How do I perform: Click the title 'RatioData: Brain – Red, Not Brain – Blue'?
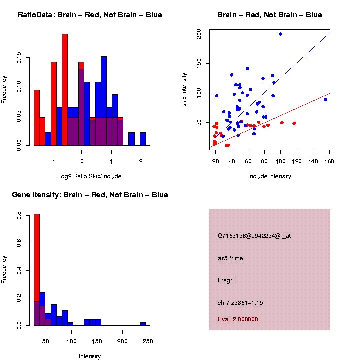coord(90,15)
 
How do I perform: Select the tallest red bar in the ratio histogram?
coord(65,90)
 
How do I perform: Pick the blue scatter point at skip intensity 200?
coord(280,34)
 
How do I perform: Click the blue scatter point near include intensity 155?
coord(325,100)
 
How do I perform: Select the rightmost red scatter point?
coord(294,123)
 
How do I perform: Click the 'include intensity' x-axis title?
coord(270,176)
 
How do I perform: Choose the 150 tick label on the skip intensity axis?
coord(199,63)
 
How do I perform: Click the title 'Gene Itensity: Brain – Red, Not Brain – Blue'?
coord(90,195)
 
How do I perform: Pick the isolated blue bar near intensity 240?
coord(143,324)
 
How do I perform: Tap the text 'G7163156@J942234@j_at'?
coord(254,236)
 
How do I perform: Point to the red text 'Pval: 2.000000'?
coord(238,319)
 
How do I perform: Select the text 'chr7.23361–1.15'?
coord(240,303)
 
